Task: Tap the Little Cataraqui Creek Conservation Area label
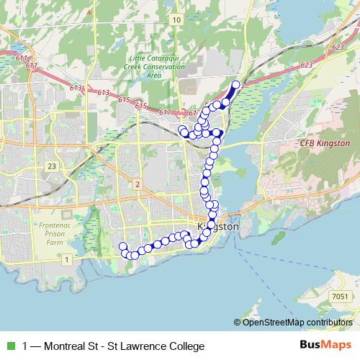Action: click(x=153, y=67)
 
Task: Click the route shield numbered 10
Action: click(x=176, y=20)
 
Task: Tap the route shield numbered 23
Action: click(x=51, y=166)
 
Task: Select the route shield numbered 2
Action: click(x=136, y=185)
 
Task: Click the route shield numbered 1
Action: click(x=66, y=258)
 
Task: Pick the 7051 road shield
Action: click(x=341, y=296)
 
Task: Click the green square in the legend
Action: click(x=9, y=346)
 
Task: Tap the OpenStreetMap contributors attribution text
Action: click(x=296, y=322)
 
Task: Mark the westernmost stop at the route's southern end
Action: click(x=122, y=247)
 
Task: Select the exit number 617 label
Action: click(x=164, y=112)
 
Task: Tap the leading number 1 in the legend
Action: click(x=26, y=346)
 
